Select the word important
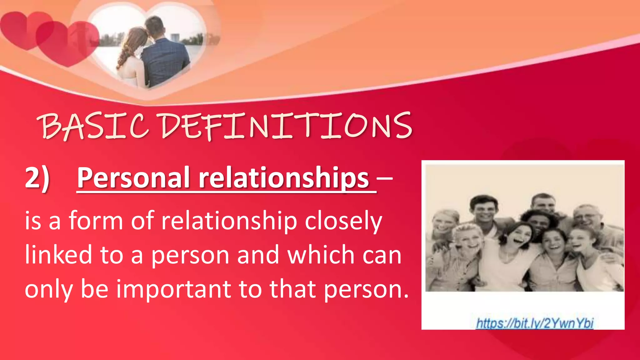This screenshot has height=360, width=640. [x=174, y=289]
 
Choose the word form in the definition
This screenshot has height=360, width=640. [x=96, y=221]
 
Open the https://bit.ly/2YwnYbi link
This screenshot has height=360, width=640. [x=534, y=323]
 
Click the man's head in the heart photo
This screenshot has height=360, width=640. [x=155, y=27]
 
